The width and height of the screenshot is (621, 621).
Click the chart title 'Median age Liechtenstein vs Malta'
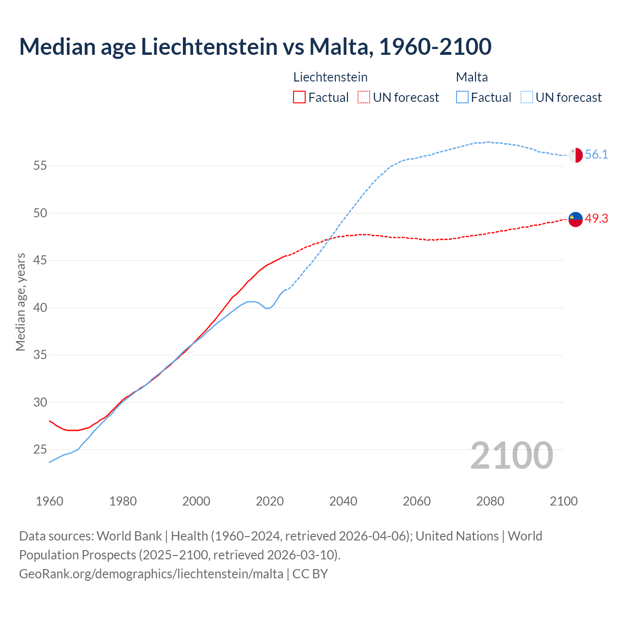255,47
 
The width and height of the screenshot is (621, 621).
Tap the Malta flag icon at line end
575,155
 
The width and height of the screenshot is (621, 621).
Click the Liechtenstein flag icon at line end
575,219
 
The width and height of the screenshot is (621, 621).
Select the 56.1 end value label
596,155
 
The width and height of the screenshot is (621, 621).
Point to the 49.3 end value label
596,219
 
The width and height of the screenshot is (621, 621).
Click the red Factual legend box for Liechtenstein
299,98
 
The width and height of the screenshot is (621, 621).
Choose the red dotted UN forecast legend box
364,98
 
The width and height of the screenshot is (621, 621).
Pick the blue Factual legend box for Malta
462,98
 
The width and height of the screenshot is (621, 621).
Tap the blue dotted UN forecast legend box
527,98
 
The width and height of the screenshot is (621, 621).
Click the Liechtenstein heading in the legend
330,77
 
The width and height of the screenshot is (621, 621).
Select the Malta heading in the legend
472,77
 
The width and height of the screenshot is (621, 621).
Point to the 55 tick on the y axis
40,166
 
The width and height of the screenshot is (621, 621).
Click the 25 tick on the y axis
40,450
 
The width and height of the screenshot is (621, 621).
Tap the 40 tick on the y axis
40,308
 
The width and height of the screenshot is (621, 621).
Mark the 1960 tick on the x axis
49,501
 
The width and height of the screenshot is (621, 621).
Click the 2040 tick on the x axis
343,501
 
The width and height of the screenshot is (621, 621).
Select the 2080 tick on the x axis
490,501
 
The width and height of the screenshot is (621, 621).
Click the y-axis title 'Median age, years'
20,302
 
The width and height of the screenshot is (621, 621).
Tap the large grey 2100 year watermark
511,455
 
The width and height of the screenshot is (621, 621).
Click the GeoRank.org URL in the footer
151,574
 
